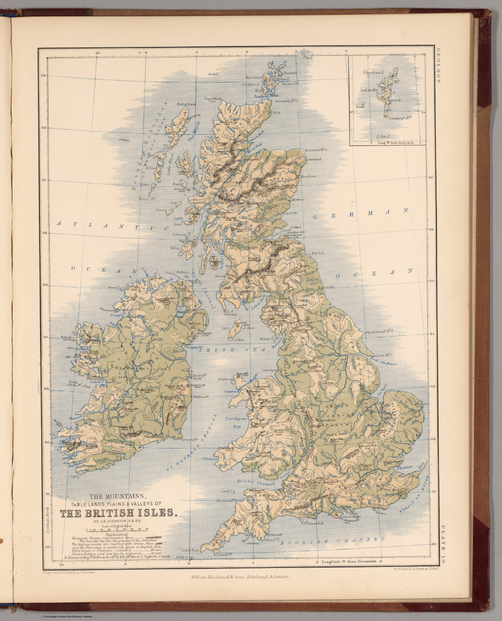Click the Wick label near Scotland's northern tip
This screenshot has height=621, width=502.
coord(277,113)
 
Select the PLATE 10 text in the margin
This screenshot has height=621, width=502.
coord(443,542)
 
